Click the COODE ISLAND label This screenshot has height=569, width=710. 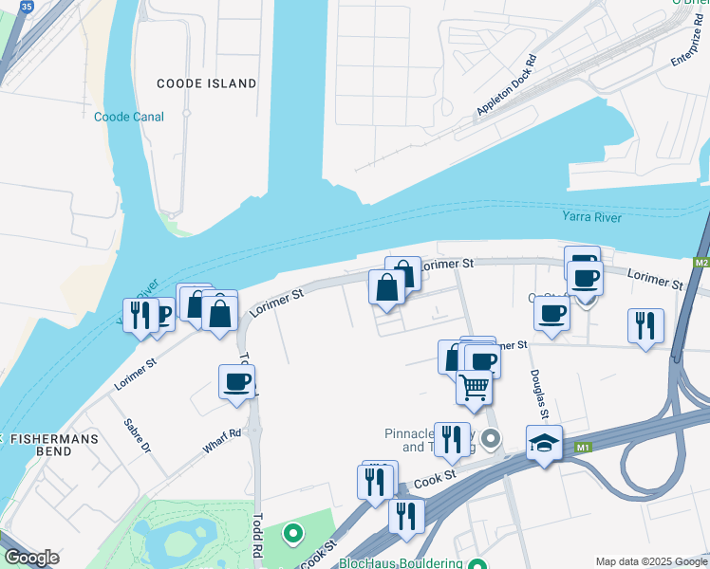tap(206, 83)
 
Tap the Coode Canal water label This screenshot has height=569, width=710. tap(129, 117)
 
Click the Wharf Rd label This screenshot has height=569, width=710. tap(221, 440)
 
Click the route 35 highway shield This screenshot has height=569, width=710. tap(27, 6)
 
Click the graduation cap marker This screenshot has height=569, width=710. tap(544, 442)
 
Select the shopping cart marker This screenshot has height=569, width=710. tap(474, 386)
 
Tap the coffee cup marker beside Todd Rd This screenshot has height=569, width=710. tap(236, 381)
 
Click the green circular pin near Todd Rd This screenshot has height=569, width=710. tap(293, 534)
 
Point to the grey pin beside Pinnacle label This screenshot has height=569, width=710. tap(490, 438)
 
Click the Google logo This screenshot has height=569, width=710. tap(31, 558)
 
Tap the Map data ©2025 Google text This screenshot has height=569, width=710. tap(650, 561)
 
